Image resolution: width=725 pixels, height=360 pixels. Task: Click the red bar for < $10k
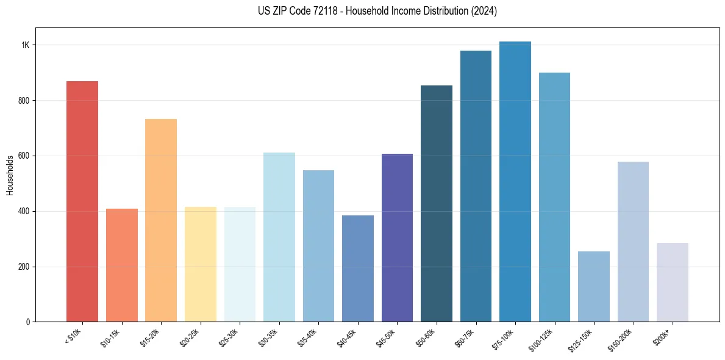[82, 201]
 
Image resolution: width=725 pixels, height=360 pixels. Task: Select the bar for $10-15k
[121, 265]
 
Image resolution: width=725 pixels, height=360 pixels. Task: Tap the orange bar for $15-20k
[161, 220]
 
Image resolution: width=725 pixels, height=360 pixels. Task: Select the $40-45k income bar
[357, 268]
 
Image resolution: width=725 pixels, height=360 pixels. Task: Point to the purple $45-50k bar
[397, 237]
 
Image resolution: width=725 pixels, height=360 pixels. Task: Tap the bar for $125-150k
[594, 286]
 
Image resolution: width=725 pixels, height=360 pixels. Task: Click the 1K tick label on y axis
[26, 45]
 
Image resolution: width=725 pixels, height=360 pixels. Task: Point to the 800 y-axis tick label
[24, 101]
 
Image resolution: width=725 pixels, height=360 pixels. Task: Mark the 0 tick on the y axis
[28, 322]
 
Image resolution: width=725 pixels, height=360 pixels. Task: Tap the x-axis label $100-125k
[541, 339]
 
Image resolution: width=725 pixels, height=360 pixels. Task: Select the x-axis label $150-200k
[620, 339]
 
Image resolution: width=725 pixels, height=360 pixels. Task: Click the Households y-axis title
[10, 175]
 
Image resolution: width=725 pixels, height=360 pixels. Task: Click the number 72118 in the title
[326, 12]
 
